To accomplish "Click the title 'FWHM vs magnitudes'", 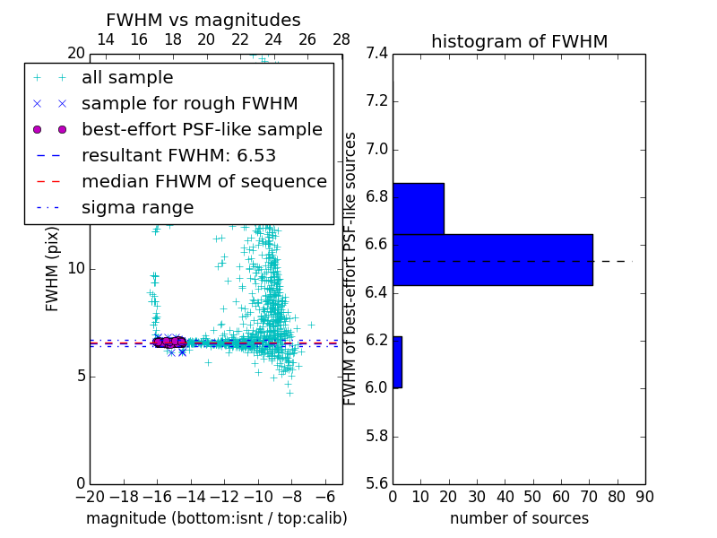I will point(203,21).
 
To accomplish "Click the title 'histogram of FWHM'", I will point(519,41).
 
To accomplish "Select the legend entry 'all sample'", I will point(127,78).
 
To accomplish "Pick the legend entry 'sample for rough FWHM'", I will point(189,104).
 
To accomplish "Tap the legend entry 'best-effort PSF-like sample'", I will point(202,129).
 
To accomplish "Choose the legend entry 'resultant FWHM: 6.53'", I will point(178,155).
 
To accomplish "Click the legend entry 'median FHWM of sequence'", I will point(203,181).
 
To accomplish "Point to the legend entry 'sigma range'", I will point(137,207).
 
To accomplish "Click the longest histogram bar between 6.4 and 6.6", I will point(492,259).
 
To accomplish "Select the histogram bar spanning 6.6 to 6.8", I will point(418,208).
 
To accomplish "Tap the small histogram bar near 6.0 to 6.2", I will point(397,362).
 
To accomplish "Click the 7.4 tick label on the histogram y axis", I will point(377,53).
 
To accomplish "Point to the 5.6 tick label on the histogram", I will point(377,483).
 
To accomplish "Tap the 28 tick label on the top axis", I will point(341,39).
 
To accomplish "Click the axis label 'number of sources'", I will point(519,518).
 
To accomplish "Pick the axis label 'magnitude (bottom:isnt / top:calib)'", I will point(216,518).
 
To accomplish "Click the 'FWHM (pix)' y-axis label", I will point(53,269).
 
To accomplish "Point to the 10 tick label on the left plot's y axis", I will point(75,268).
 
